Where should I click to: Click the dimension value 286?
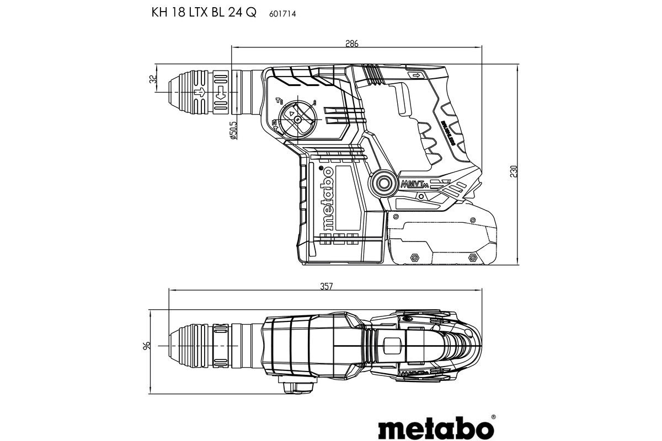351,44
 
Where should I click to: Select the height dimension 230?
514,171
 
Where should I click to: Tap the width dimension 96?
147,346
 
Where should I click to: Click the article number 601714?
282,14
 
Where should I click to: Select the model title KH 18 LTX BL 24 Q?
204,14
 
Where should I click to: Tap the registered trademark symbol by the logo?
493,417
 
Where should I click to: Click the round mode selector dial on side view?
297,119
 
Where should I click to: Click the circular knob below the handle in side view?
382,182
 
